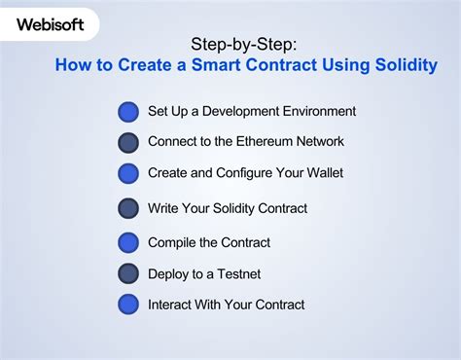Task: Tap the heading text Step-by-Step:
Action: (x=246, y=44)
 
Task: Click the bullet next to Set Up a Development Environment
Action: (x=128, y=112)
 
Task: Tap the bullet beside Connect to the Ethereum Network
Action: (x=128, y=143)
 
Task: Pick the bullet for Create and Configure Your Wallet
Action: (x=128, y=173)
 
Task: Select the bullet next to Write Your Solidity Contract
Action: (x=128, y=208)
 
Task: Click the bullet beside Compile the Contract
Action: (x=128, y=242)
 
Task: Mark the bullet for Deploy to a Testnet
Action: (x=128, y=273)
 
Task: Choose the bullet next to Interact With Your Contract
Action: (x=128, y=305)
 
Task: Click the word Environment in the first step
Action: (x=319, y=111)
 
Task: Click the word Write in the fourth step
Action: (x=164, y=208)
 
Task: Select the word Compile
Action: (x=172, y=242)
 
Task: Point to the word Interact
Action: (x=171, y=305)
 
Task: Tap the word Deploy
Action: (x=170, y=273)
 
